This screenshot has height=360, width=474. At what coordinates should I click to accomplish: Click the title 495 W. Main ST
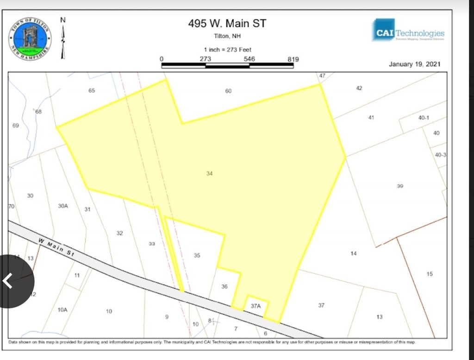tap(227, 23)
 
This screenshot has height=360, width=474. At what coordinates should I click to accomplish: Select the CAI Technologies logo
tap(407, 31)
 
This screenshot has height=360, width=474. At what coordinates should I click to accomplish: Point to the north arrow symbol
tap(63, 38)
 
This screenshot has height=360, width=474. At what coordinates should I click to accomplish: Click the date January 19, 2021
tap(415, 64)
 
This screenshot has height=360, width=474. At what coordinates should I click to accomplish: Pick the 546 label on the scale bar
tap(249, 59)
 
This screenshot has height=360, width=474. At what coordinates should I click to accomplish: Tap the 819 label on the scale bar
tap(293, 59)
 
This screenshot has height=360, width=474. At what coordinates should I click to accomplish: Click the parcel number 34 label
tap(210, 173)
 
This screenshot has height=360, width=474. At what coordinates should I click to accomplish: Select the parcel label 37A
tap(256, 306)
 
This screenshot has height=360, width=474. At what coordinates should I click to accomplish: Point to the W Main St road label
tap(56, 247)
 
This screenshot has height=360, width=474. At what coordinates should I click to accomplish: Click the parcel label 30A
tap(63, 206)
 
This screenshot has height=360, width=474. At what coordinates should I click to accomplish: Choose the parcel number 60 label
tap(228, 91)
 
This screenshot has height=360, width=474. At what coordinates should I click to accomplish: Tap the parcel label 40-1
tap(424, 118)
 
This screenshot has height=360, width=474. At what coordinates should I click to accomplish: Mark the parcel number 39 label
tap(400, 186)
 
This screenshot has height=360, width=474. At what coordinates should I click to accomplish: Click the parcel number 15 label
tap(430, 274)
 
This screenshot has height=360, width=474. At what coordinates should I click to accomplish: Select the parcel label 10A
tap(62, 309)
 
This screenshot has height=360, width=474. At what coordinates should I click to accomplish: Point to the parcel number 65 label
tap(92, 90)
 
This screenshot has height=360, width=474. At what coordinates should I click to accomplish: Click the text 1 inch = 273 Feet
tap(227, 50)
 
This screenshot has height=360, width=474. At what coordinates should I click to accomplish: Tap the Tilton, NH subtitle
tap(227, 36)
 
